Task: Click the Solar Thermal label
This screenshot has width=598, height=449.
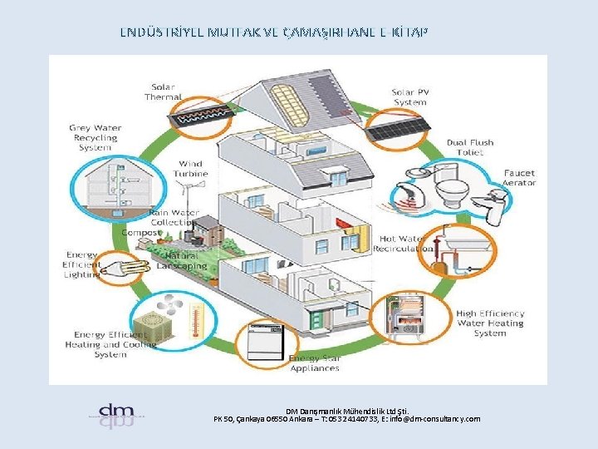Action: pos(163,91)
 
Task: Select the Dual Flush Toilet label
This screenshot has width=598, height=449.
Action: pos(470,147)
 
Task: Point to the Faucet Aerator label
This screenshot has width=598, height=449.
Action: pos(519,178)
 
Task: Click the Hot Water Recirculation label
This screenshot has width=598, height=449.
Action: pos(400,244)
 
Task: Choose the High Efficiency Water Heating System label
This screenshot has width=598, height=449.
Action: pos(490,323)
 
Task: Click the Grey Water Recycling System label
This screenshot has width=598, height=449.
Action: pos(96,137)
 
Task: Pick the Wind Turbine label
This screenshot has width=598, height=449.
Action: pos(190,169)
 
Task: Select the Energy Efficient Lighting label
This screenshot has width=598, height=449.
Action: pos(82,264)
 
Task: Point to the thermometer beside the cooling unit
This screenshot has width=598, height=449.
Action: pos(197,319)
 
